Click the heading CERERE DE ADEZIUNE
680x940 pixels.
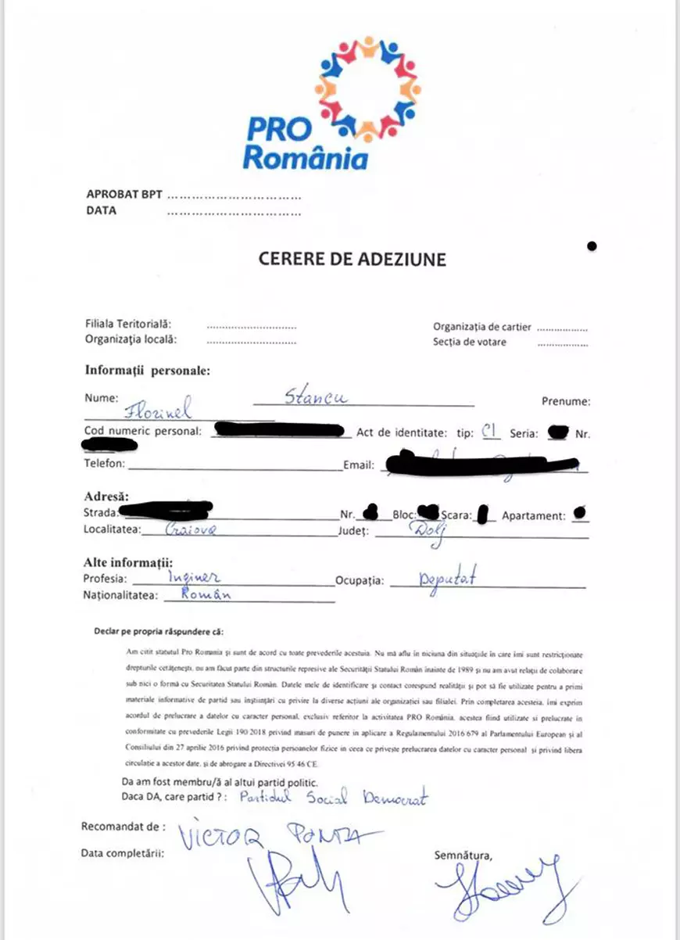click(x=353, y=259)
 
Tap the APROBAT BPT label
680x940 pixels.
click(x=123, y=195)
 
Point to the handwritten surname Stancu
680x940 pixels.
click(x=316, y=396)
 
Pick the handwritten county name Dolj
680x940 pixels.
click(x=424, y=531)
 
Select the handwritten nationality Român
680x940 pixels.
click(x=206, y=594)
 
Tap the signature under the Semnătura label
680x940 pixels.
click(x=508, y=892)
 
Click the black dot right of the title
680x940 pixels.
click(x=592, y=246)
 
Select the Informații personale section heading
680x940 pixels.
click(x=147, y=371)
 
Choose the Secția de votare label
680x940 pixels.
click(x=470, y=342)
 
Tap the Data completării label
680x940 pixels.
click(x=123, y=853)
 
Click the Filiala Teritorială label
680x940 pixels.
click(x=128, y=324)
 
